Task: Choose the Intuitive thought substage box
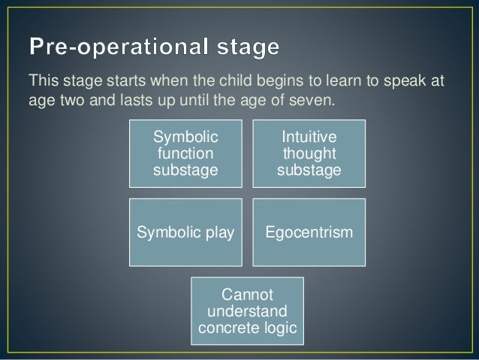click(309, 154)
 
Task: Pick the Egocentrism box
click(309, 233)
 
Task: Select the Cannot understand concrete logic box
click(247, 310)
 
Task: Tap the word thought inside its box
click(309, 154)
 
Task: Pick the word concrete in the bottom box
click(226, 328)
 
